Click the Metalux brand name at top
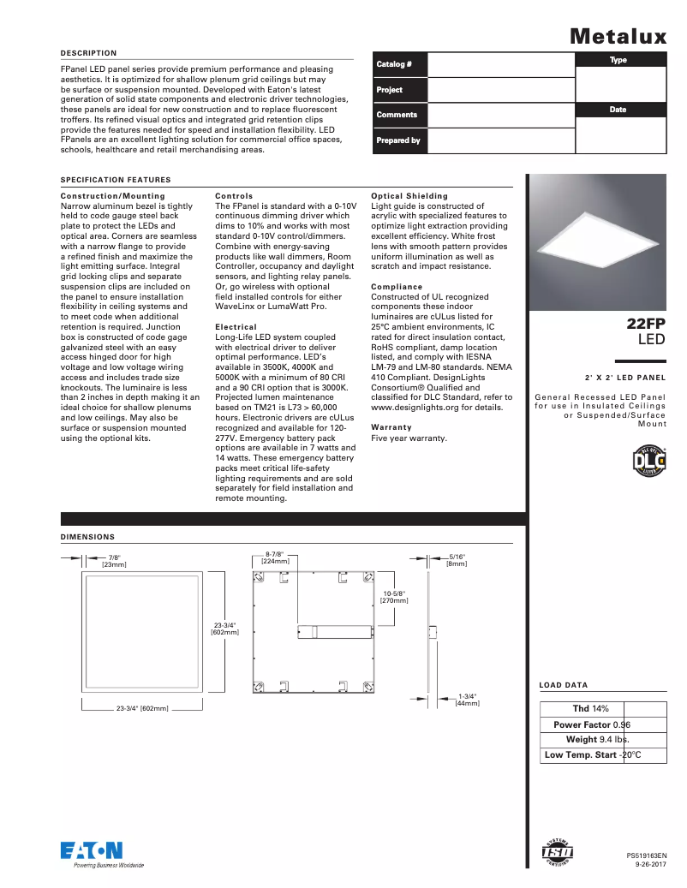(618, 36)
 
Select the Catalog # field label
(394, 65)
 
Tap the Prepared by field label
(398, 140)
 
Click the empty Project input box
(500, 90)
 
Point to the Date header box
(618, 110)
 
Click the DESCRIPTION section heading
(88, 53)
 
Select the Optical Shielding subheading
(409, 196)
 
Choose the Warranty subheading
(391, 427)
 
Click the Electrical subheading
(236, 327)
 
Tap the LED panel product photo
(597, 242)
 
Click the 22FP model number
(645, 324)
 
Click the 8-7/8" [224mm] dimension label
(274, 557)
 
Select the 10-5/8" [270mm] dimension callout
(394, 597)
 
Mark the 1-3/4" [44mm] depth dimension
(467, 700)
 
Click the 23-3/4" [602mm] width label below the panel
(142, 709)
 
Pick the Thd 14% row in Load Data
(590, 709)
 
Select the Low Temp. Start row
(592, 755)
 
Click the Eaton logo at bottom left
(91, 850)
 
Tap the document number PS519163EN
(646, 855)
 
